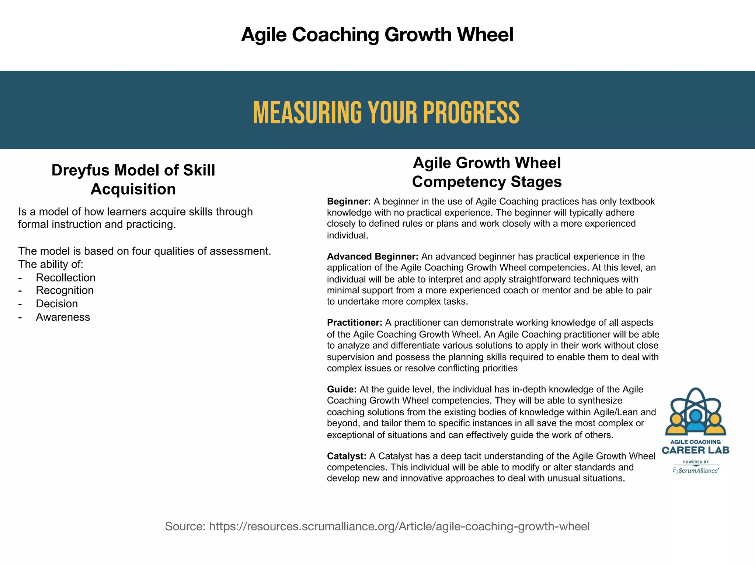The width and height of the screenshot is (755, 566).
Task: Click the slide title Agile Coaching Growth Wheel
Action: coord(377,35)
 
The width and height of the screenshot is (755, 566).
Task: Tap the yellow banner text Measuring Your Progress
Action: coord(386,112)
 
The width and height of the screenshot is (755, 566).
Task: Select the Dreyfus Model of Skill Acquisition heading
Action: coord(133,179)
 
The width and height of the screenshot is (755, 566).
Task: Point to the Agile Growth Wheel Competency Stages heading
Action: coord(487,172)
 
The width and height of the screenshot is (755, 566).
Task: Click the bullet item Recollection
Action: coord(66,277)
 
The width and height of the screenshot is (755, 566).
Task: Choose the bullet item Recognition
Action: coord(65,290)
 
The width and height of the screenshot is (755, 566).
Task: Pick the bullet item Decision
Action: coord(57,304)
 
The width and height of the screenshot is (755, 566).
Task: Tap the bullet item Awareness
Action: coord(63,317)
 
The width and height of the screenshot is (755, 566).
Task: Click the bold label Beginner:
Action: coord(349,202)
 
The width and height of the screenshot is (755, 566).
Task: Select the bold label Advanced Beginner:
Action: coord(372,256)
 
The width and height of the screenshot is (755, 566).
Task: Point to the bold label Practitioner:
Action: coord(354,323)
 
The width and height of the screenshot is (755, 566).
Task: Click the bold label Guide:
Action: coord(342,389)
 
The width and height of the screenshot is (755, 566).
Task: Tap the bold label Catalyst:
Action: coord(347,456)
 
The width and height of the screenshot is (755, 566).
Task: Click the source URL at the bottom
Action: coord(399,526)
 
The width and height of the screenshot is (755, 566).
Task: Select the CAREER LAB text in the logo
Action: coord(695,450)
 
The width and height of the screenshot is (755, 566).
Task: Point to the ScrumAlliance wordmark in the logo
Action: coord(698,471)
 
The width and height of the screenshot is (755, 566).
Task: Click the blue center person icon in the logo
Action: coord(696,420)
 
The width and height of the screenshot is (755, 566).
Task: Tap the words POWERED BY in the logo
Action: coord(696,462)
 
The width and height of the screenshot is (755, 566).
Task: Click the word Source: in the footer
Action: coord(185,526)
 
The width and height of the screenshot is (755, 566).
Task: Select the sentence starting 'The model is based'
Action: coord(145,251)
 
